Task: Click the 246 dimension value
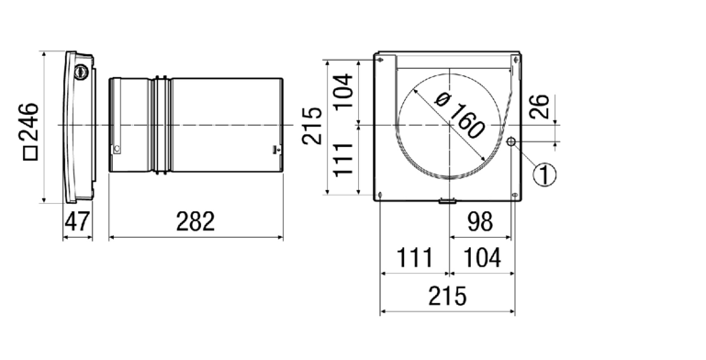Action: (29, 121)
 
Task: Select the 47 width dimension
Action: (77, 221)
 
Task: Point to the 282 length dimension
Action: (196, 221)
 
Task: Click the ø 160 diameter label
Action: (460, 116)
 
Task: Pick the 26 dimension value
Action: (540, 107)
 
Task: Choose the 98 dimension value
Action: (480, 221)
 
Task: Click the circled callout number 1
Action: (544, 174)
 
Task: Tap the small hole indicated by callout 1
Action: (510, 142)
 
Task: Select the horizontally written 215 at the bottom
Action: (447, 297)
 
